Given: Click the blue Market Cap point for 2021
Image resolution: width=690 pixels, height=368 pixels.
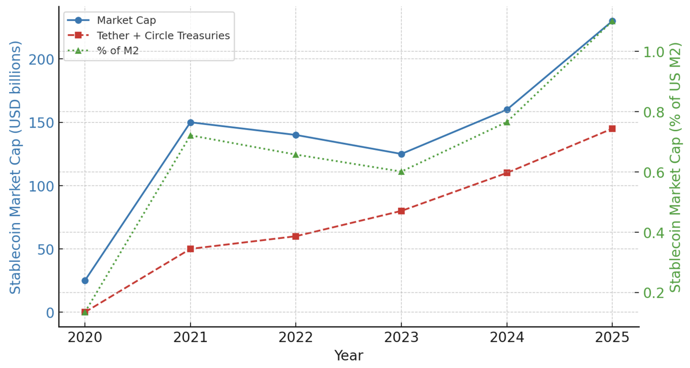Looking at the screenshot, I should [191, 123].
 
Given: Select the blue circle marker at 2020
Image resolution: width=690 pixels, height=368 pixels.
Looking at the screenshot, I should [85, 281].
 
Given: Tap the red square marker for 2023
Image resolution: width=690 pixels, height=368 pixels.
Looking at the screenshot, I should [401, 211].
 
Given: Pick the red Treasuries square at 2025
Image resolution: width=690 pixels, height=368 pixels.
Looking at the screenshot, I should [612, 129].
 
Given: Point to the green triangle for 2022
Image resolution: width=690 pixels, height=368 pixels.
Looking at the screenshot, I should [296, 154].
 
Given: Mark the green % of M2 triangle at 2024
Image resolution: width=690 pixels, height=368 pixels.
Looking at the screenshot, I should [507, 122].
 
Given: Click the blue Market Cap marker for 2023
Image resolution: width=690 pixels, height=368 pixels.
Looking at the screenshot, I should [401, 154].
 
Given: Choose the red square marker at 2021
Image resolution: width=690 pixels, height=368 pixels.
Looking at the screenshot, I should [191, 249].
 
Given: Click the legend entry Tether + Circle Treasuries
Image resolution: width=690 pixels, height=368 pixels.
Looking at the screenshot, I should [163, 36].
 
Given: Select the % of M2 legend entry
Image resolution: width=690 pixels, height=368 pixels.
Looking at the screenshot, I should [117, 51].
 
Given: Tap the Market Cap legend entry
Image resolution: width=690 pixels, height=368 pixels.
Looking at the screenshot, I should [126, 20].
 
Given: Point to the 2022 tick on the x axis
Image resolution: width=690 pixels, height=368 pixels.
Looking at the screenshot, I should [296, 338].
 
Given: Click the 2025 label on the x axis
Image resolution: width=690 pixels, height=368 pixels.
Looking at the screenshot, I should [612, 338].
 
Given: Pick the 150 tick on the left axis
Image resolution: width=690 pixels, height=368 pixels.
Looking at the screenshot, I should [41, 123].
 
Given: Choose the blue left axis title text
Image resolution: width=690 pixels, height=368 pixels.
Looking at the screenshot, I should [16, 167].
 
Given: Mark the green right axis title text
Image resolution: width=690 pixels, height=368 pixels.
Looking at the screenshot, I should [676, 167].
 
